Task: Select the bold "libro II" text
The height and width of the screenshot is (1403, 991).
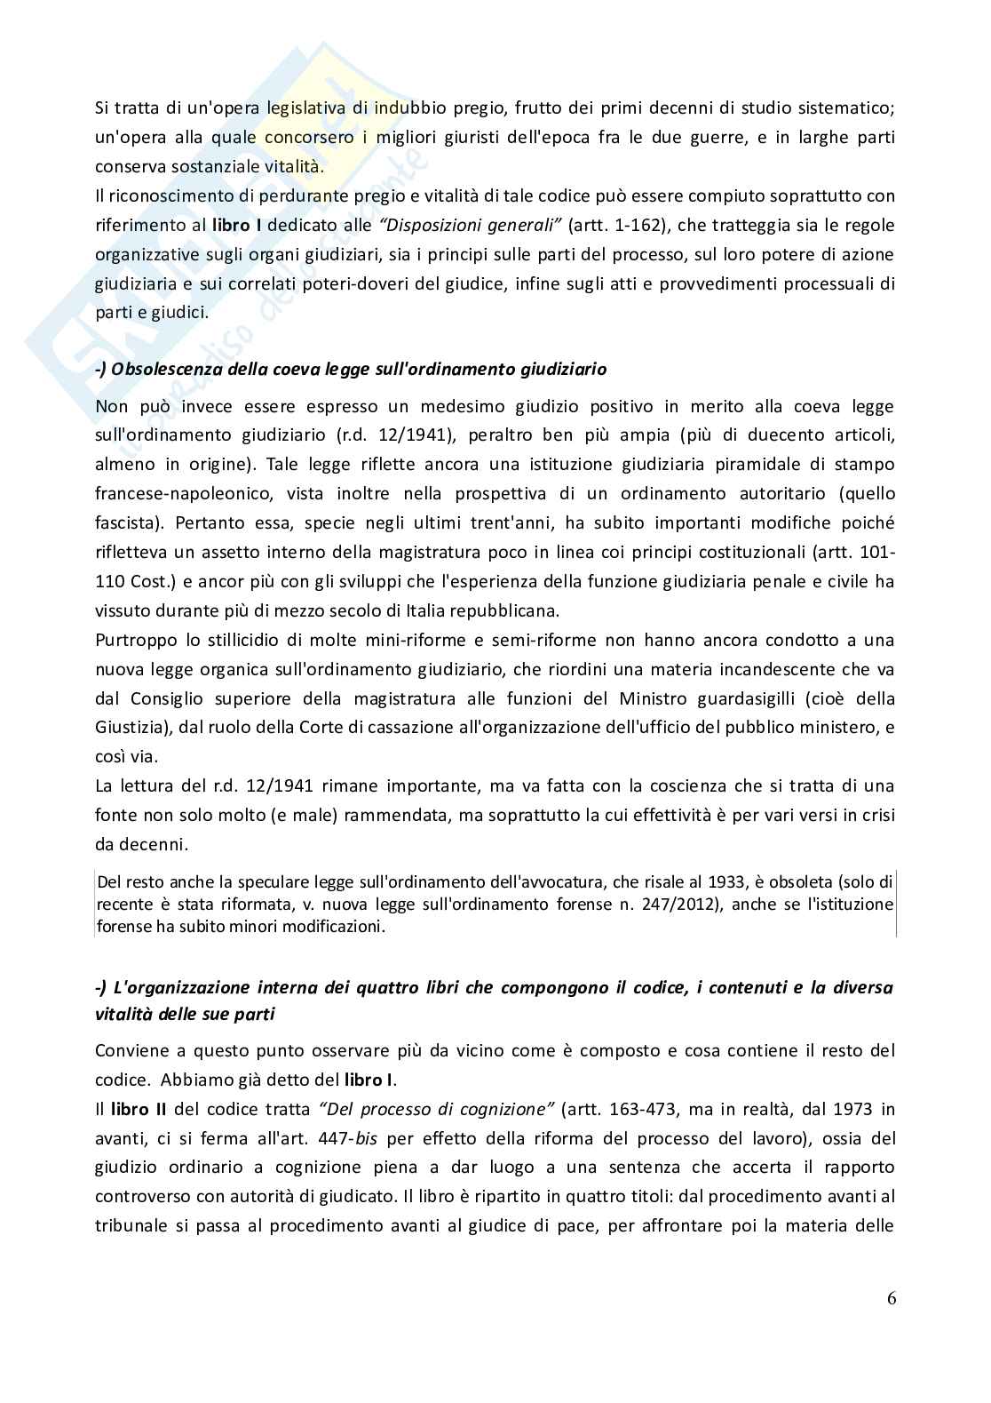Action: (131, 1109)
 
